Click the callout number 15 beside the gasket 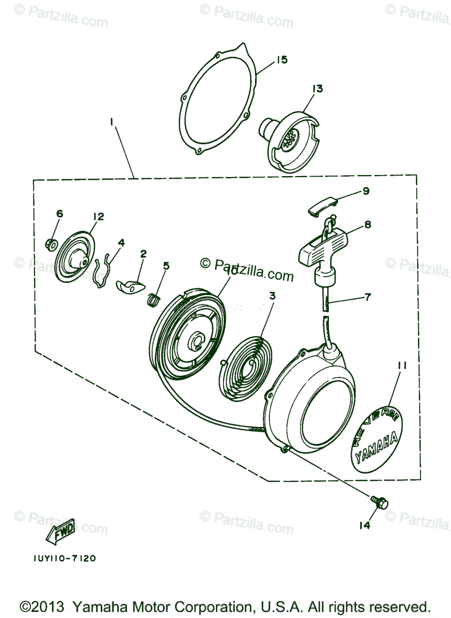(x=281, y=60)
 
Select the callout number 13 (x=316, y=89)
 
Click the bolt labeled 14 (x=380, y=502)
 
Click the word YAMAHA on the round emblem (x=377, y=446)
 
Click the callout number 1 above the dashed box (x=112, y=122)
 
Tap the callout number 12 (x=98, y=216)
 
